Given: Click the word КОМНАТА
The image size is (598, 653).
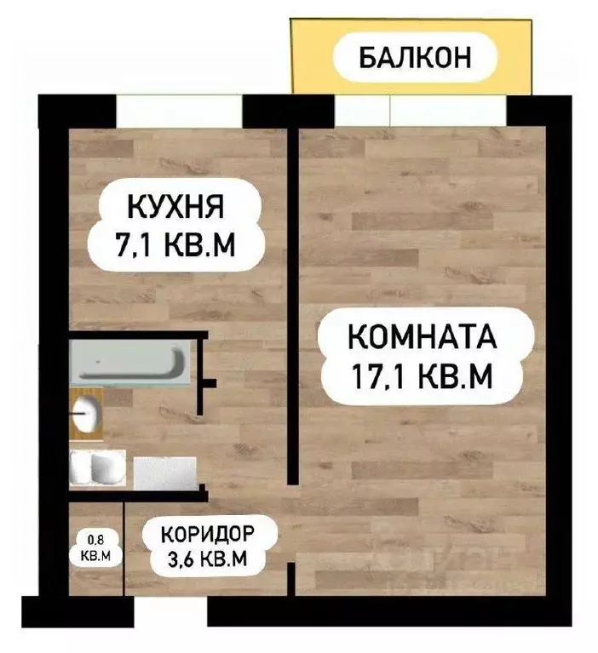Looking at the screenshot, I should pos(422,336).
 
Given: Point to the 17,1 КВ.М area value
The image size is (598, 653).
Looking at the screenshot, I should pos(422,376).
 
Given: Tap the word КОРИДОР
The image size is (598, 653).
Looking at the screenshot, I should pos(209,536).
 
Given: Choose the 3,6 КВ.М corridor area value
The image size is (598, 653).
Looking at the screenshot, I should pos(209,559).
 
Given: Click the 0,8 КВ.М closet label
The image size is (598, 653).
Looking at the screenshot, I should pos(95,544).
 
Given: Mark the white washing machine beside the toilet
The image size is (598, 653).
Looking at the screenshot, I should pos(164,473).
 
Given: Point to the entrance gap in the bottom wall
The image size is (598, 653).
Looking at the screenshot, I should pos(170,610).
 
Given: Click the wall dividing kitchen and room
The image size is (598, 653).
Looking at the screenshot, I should pos(291,298).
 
